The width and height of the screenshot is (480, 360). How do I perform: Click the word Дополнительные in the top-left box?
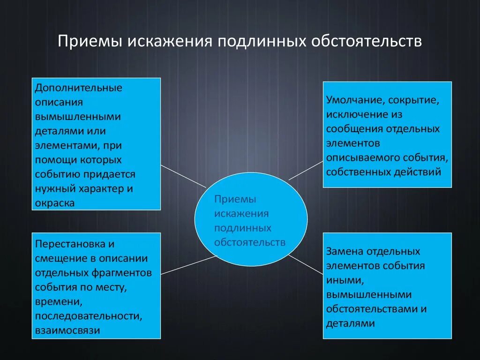click(79, 88)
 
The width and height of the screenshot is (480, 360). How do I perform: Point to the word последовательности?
click(88, 315)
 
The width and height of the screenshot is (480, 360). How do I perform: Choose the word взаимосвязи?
click(67, 330)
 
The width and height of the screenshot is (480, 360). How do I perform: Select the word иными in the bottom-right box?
click(344, 280)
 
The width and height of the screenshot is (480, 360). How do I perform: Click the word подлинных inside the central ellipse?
click(243, 228)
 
